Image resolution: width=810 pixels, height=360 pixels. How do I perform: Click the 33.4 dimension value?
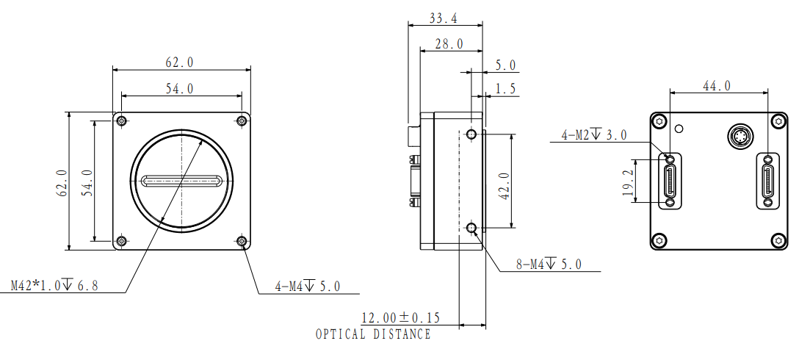(x=443, y=18)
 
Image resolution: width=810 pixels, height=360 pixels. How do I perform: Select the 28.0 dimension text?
(x=449, y=44)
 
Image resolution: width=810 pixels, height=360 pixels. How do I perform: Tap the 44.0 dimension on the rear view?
(x=717, y=86)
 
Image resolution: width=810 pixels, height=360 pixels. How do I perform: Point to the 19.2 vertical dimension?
(x=628, y=181)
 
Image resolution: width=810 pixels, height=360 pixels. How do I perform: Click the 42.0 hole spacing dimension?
(x=505, y=186)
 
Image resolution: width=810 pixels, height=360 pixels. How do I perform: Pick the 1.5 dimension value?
(x=505, y=89)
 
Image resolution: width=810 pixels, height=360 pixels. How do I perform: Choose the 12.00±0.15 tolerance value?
(x=400, y=317)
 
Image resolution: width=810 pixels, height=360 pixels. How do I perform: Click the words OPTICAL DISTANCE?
(x=373, y=334)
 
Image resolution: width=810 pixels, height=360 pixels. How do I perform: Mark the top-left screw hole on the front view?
(x=121, y=121)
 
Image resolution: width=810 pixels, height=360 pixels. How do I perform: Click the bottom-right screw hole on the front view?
(x=242, y=241)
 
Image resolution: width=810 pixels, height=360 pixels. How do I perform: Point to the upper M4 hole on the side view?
(x=471, y=134)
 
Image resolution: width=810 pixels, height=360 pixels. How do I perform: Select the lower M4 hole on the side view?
(x=471, y=227)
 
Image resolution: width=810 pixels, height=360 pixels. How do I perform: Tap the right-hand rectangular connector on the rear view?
(x=769, y=181)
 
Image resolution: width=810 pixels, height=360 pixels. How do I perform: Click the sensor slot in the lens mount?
(x=181, y=181)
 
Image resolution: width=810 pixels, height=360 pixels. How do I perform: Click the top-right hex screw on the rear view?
(x=779, y=121)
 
